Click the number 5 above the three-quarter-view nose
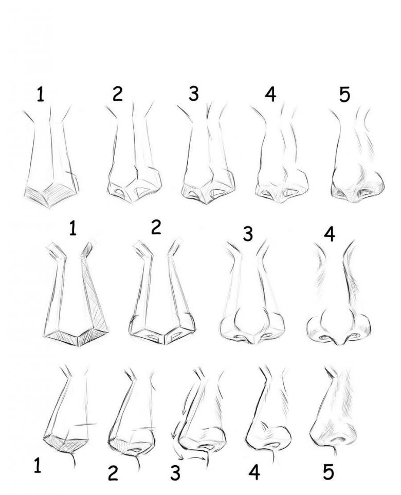(x=344, y=94)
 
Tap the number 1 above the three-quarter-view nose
(x=40, y=94)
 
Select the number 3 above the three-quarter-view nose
(x=193, y=94)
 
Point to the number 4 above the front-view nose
(x=330, y=234)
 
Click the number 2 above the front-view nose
(x=156, y=227)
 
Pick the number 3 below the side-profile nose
(x=175, y=472)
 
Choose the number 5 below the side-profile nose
(x=329, y=472)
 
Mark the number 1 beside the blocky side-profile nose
(x=37, y=465)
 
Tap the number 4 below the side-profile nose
(x=254, y=472)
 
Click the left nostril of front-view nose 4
(x=324, y=338)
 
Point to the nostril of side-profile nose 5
(x=338, y=439)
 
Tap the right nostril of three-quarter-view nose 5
(x=367, y=191)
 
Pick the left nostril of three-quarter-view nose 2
(x=120, y=192)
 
